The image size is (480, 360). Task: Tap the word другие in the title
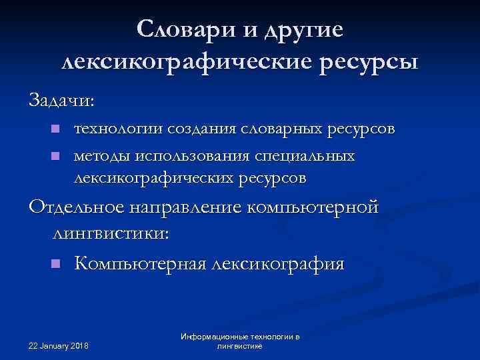(x=305, y=31)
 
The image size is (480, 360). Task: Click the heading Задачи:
(x=62, y=101)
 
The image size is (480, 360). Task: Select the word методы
(x=102, y=156)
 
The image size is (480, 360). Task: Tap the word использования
(x=193, y=156)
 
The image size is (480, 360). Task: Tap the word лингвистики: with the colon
(x=111, y=233)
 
